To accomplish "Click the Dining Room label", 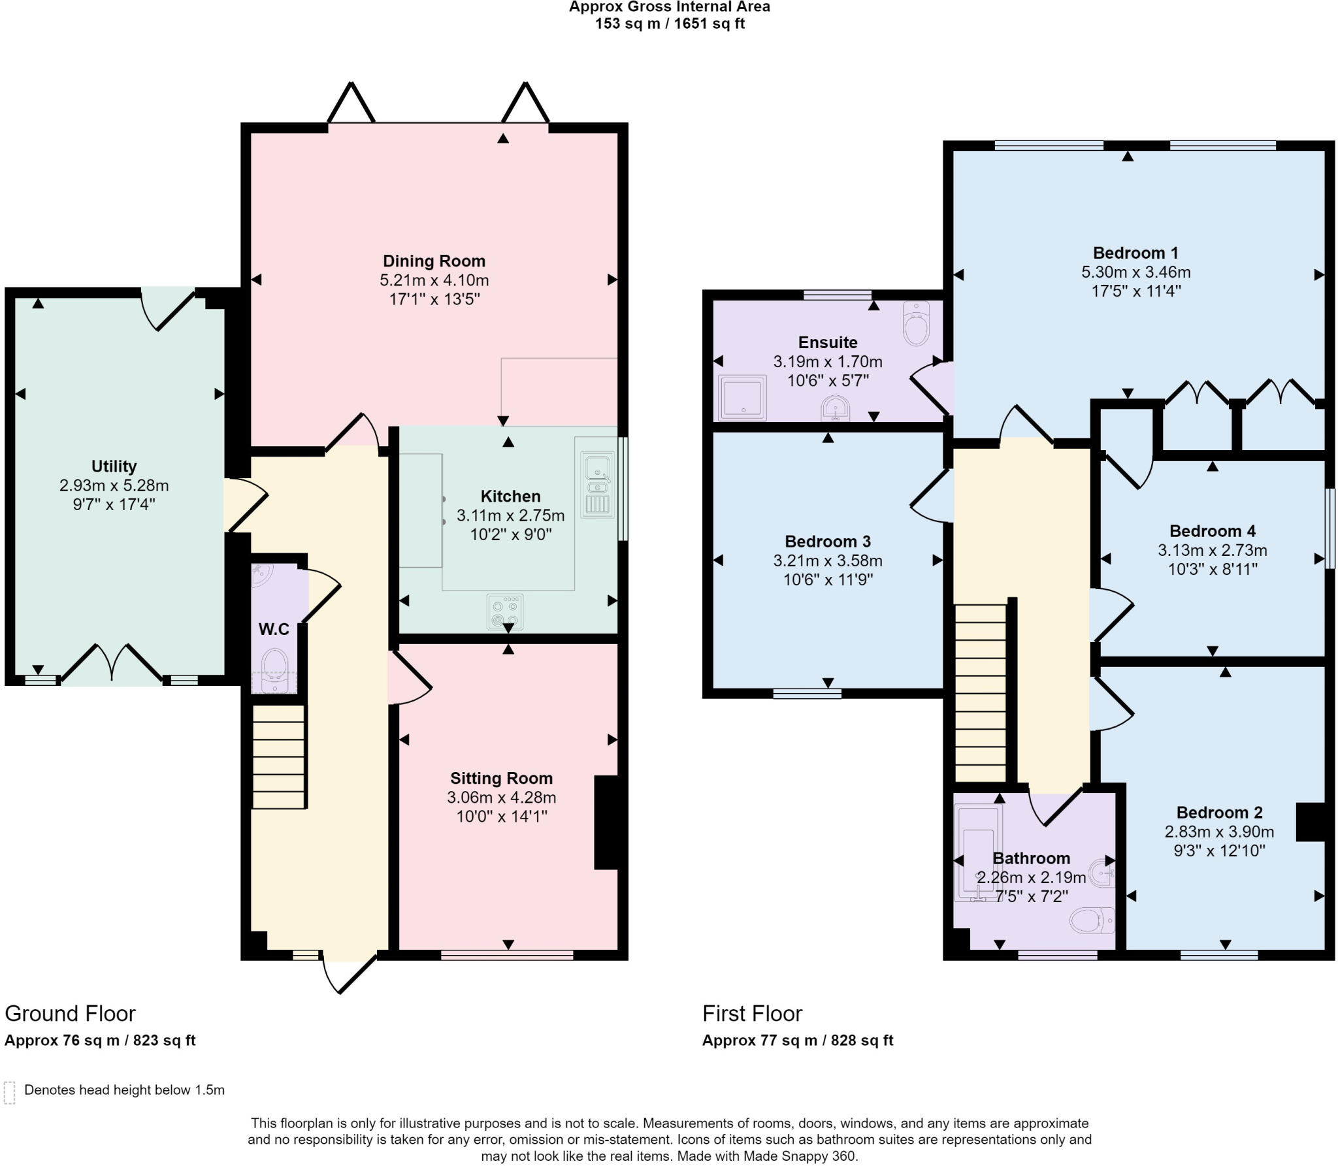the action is click(434, 261).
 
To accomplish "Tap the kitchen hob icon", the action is click(505, 611).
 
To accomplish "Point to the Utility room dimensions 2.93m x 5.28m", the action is click(114, 485).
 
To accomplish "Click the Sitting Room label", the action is click(501, 778).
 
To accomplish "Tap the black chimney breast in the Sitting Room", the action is click(606, 822).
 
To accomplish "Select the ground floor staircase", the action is click(279, 756).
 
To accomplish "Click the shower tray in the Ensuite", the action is click(742, 397).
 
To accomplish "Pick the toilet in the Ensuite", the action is click(916, 323).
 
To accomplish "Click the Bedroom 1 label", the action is click(1135, 253).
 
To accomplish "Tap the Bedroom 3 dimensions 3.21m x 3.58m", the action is click(828, 560).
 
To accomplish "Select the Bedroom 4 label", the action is click(1213, 531).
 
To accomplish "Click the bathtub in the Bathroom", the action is click(977, 853).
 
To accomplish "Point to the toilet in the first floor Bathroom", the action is click(1092, 920).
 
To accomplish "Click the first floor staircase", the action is click(981, 692).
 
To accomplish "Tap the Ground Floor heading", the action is click(71, 1013).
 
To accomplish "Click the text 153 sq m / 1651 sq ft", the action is click(670, 24).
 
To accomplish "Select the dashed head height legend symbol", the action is click(9, 1092).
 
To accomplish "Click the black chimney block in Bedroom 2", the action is click(1310, 822).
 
